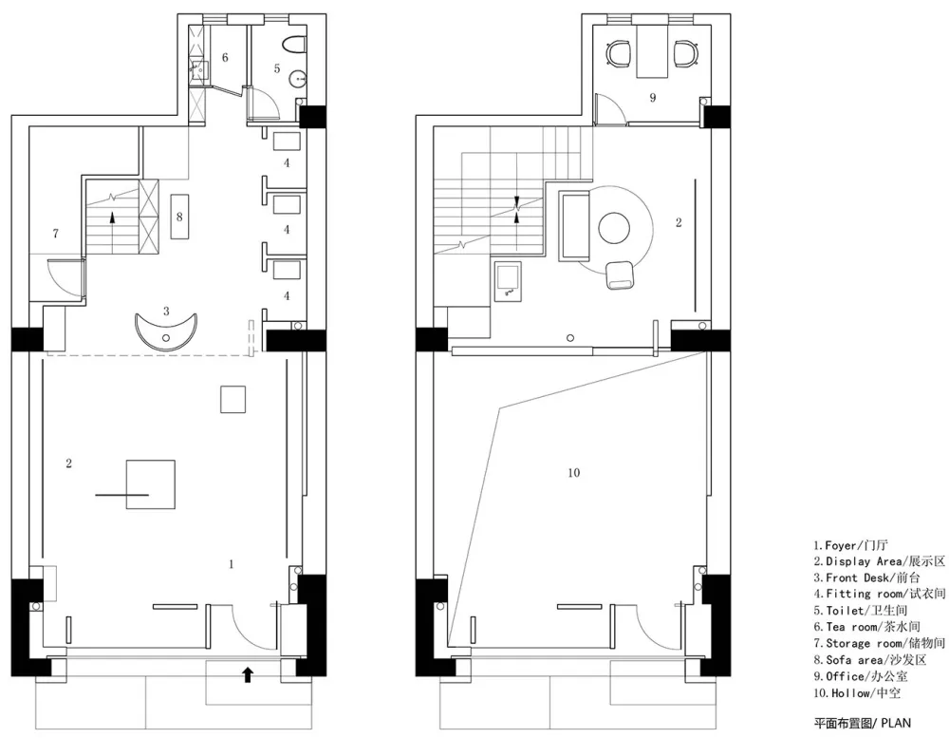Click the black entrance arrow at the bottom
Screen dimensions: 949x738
click(247, 674)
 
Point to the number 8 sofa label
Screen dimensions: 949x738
click(179, 217)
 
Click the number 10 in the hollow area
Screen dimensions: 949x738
click(574, 473)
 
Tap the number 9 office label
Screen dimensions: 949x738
click(653, 98)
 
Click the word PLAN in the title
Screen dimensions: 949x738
click(896, 722)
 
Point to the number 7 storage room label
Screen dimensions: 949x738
click(56, 234)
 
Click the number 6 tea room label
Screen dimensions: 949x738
click(225, 58)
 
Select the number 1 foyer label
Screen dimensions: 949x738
click(232, 564)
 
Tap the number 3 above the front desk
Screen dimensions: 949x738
click(166, 311)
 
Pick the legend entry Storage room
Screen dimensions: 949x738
click(880, 643)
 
